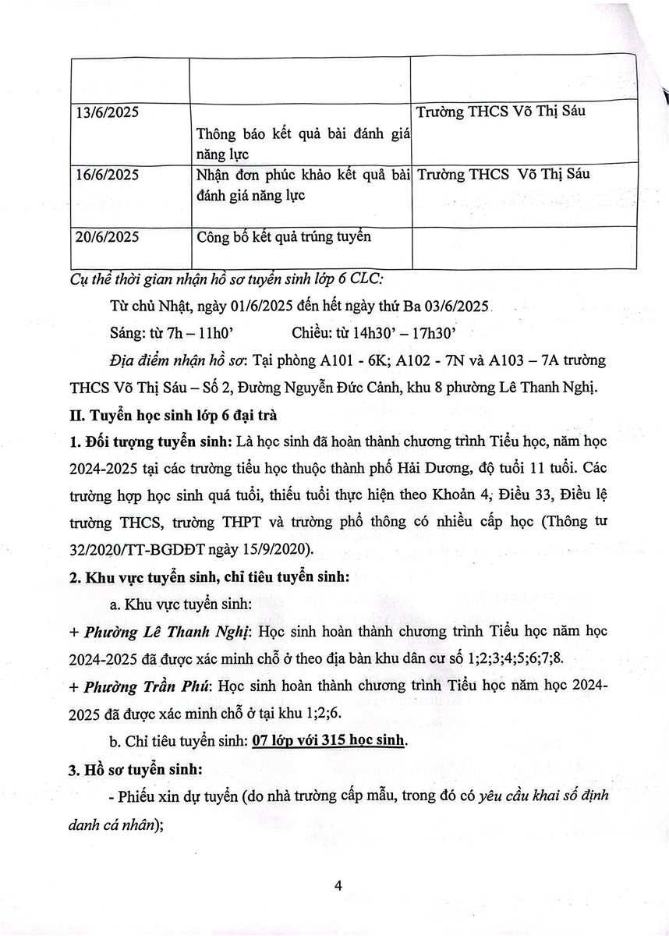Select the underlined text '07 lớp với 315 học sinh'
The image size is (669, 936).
(328, 740)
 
